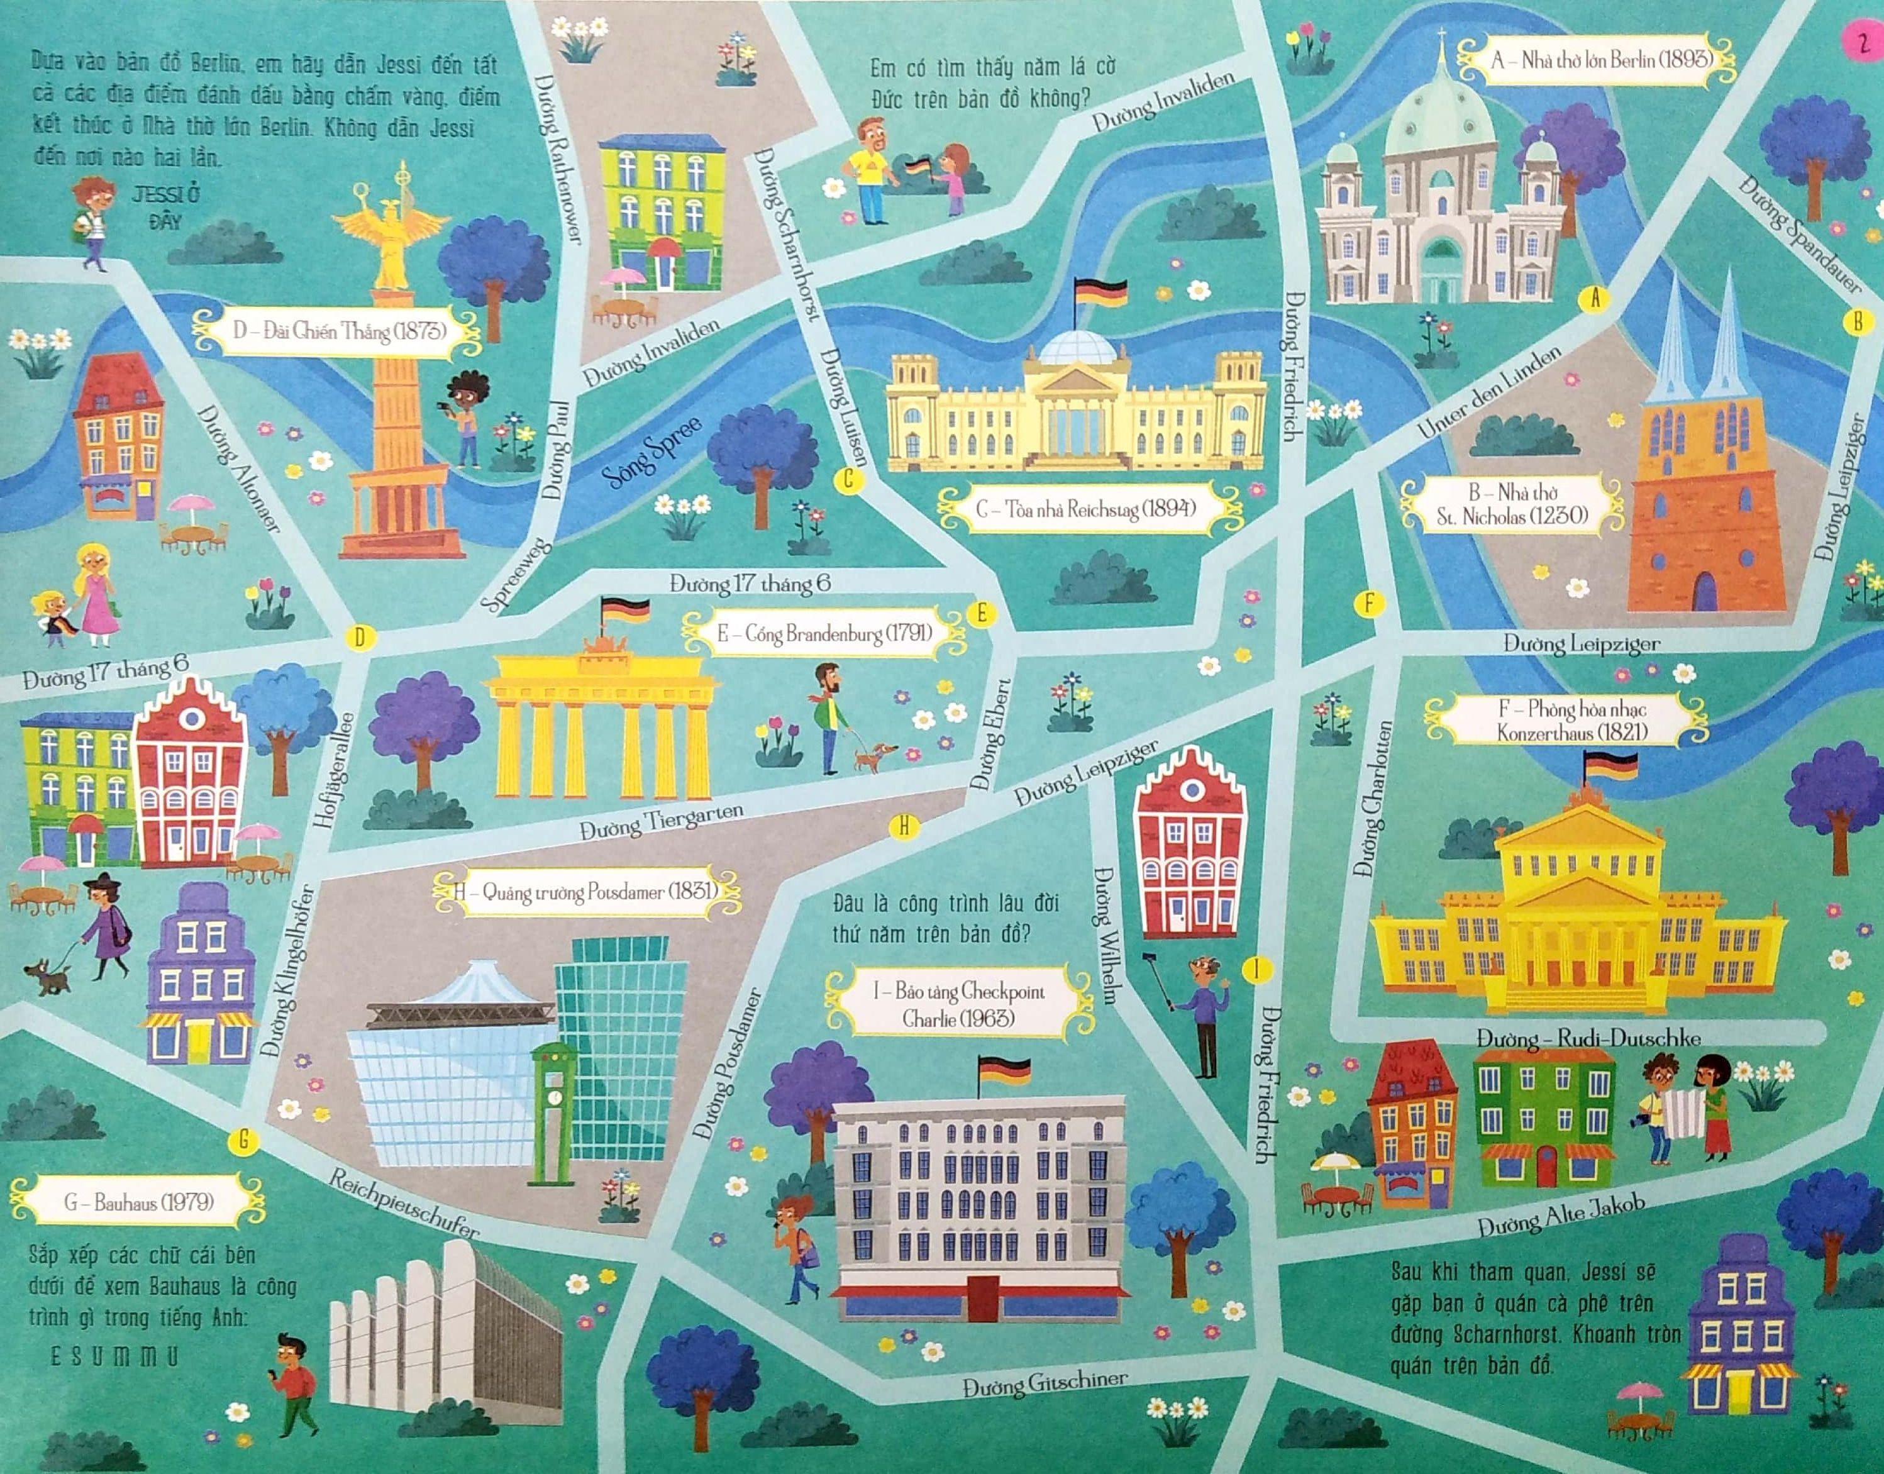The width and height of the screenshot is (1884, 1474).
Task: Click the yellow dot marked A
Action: coord(1595,299)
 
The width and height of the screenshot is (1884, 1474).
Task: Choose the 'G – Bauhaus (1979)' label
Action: coord(138,1201)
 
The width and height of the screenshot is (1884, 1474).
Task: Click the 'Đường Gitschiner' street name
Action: coord(1045,1383)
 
